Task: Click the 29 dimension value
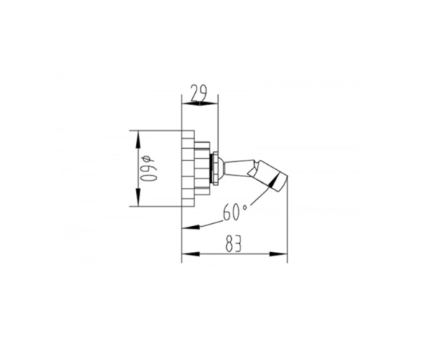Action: pos(199,94)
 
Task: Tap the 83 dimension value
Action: pos(233,244)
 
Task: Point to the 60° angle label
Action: pos(235,212)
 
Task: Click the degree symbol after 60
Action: pos(245,207)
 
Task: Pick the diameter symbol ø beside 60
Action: pos(147,159)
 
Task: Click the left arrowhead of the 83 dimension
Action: pos(191,254)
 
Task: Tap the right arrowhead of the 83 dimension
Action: pos(278,254)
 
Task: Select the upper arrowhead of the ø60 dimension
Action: pos(138,139)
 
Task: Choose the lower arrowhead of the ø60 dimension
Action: pos(138,197)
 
